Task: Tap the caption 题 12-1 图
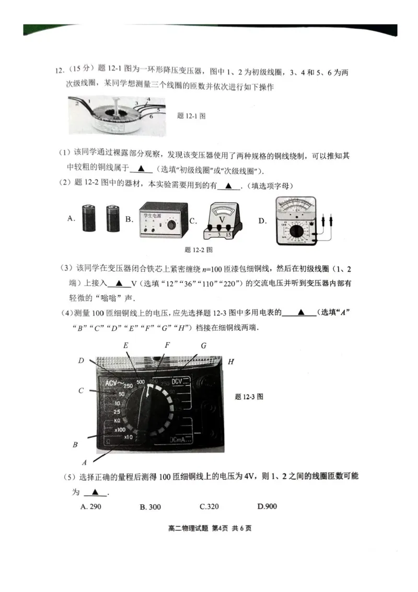click(x=192, y=116)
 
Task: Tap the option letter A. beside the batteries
click(x=72, y=219)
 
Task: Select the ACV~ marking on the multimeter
click(x=114, y=384)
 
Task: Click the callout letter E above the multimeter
click(x=126, y=346)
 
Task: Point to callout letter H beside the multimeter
click(x=230, y=362)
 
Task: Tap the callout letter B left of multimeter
click(x=75, y=445)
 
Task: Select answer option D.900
click(x=267, y=506)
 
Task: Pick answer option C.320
click(x=209, y=506)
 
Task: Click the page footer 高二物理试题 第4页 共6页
click(x=210, y=528)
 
